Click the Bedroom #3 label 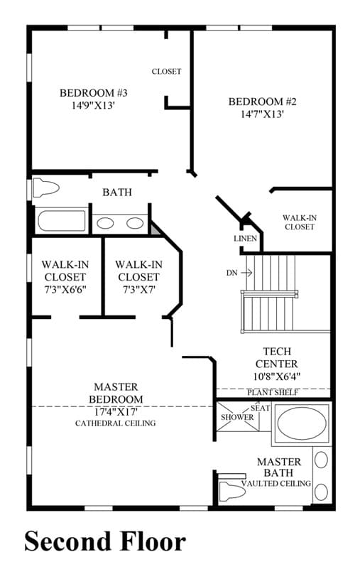pos(94,92)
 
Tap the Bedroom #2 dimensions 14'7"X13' pos(262,114)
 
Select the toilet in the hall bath pos(45,188)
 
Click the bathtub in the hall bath pos(62,221)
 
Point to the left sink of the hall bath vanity pos(105,223)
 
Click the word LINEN pos(245,239)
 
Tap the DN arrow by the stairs pos(246,273)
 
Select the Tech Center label pos(276,357)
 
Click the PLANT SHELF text pos(273,392)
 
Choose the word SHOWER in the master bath pos(237,417)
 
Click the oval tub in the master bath pos(302,423)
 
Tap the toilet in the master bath pos(231,491)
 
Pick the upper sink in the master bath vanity pos(322,460)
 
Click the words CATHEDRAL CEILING pos(115,423)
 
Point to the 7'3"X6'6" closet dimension pos(65,290)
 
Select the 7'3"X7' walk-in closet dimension pos(139,290)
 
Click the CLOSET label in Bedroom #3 pos(167,71)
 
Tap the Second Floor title pos(105,542)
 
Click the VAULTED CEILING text pos(276,483)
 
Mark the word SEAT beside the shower pos(261,408)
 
